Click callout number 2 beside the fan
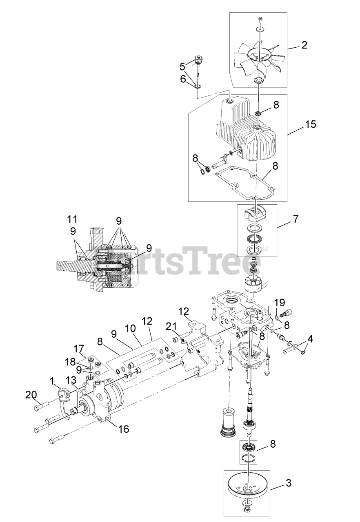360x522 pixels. click(x=304, y=45)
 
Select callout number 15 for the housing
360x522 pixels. click(x=310, y=124)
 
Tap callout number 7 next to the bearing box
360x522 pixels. click(x=295, y=219)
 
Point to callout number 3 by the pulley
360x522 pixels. click(x=289, y=484)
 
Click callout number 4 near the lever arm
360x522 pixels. click(x=310, y=338)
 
